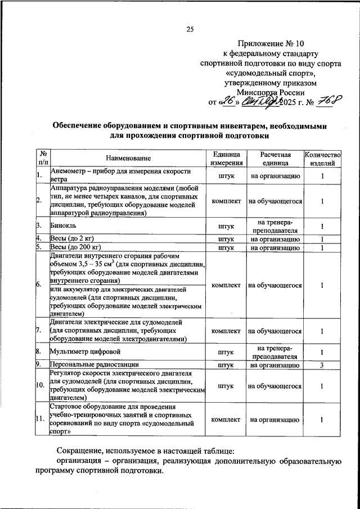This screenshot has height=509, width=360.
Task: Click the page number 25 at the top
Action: point(190,30)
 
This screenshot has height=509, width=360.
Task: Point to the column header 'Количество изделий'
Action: point(322,159)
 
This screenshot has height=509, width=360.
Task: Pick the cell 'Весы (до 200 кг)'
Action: point(75,247)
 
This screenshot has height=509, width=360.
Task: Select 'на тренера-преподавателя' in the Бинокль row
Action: point(274,226)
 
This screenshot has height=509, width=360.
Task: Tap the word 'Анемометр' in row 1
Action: point(70,171)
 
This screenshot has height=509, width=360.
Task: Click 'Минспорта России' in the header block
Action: point(271,93)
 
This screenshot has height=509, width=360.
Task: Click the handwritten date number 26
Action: point(227,102)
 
